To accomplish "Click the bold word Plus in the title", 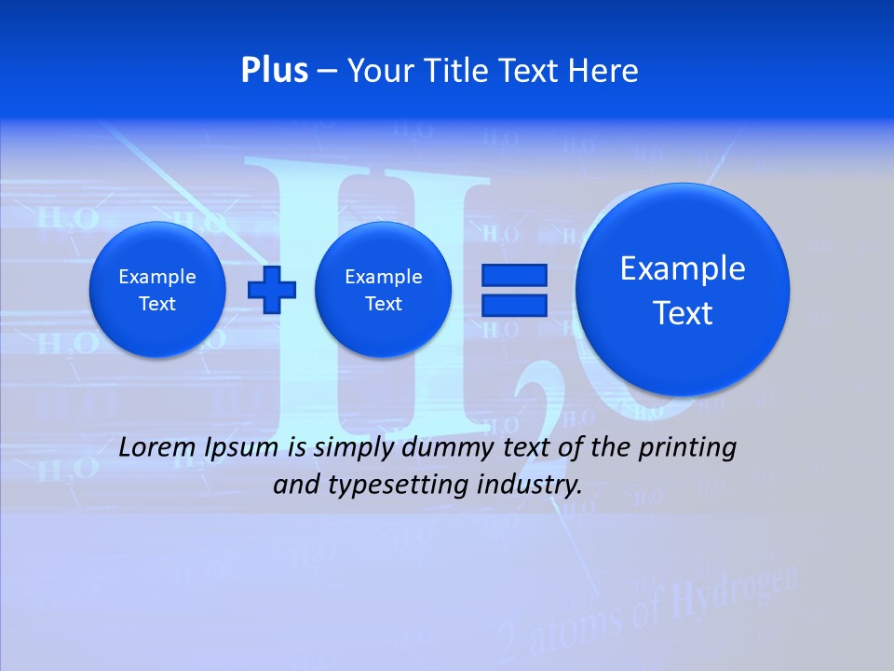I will pos(274,70).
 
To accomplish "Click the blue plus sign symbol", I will pos(271,289).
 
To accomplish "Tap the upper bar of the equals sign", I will pos(513,275).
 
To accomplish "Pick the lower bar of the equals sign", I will pos(513,305).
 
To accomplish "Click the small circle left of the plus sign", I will pos(156,289).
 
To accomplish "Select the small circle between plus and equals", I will pos(383,289).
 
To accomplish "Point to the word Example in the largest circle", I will pos(683,268).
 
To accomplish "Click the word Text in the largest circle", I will pos(683,313).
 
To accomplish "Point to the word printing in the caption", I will pos(688,448).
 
